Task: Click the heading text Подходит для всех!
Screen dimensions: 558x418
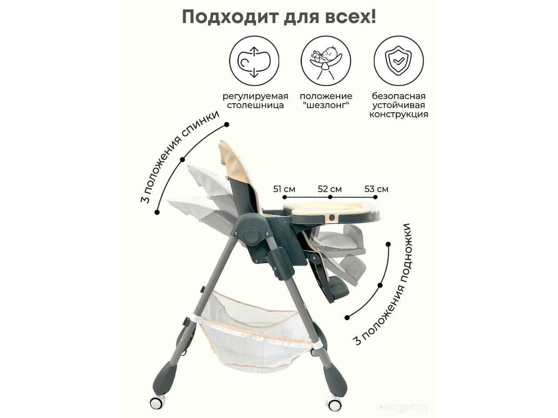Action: [x=279, y=17]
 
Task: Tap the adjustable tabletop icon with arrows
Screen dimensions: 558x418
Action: [x=254, y=61]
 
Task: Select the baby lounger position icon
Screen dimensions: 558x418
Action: [x=326, y=61]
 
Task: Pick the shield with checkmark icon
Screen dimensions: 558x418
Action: [x=398, y=61]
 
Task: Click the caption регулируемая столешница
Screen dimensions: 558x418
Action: [x=255, y=101]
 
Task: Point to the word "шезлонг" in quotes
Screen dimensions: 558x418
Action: [x=326, y=105]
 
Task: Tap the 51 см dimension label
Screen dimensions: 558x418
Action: [x=284, y=189]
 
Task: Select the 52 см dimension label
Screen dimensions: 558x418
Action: [x=330, y=189]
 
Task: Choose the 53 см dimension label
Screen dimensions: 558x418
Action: [x=376, y=189]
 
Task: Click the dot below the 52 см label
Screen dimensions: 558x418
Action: [x=330, y=197]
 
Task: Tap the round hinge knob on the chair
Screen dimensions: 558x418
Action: [x=252, y=235]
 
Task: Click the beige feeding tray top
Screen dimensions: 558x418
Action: [x=330, y=208]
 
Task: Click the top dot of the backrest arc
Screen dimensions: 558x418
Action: [x=227, y=125]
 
